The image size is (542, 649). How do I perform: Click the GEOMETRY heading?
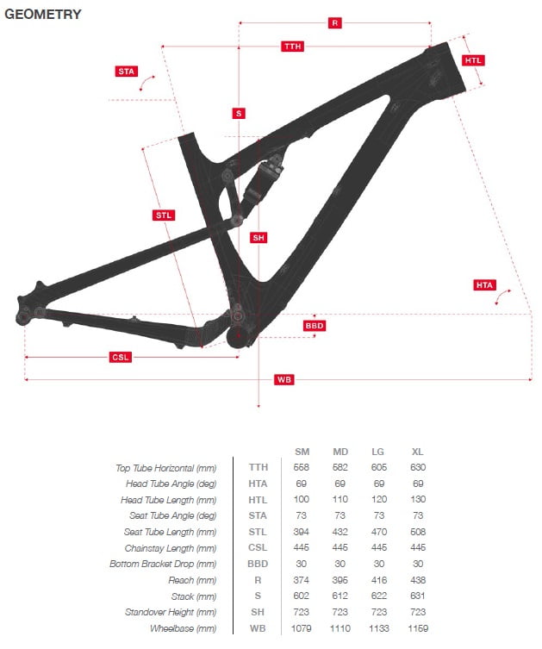point(42,14)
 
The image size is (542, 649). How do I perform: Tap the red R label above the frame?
point(334,22)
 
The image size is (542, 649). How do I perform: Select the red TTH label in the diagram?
point(292,46)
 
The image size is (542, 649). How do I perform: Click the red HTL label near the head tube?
point(473,60)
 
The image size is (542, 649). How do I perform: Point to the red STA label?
point(126,72)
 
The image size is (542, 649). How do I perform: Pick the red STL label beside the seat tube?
point(164,215)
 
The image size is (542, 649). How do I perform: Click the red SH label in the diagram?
point(259,238)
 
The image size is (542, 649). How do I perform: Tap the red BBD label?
point(314,326)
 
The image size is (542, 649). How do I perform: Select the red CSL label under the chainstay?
point(121,357)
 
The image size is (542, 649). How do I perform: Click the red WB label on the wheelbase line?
point(283,379)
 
